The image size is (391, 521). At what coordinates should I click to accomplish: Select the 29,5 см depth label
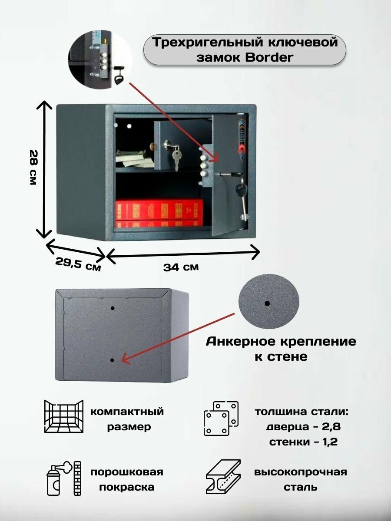tap(78, 264)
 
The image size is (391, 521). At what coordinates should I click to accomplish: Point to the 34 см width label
tap(181, 267)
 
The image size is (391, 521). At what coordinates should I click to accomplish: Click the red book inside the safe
tap(159, 212)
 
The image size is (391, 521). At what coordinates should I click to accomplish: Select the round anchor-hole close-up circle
tap(269, 303)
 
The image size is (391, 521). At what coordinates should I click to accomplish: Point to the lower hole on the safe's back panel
tap(113, 360)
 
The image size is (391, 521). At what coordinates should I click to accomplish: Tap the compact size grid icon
tap(63, 417)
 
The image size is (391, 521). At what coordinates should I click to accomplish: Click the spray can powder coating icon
tap(63, 478)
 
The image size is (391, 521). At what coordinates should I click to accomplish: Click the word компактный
tap(127, 412)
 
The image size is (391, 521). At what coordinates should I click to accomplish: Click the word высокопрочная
tap(301, 472)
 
